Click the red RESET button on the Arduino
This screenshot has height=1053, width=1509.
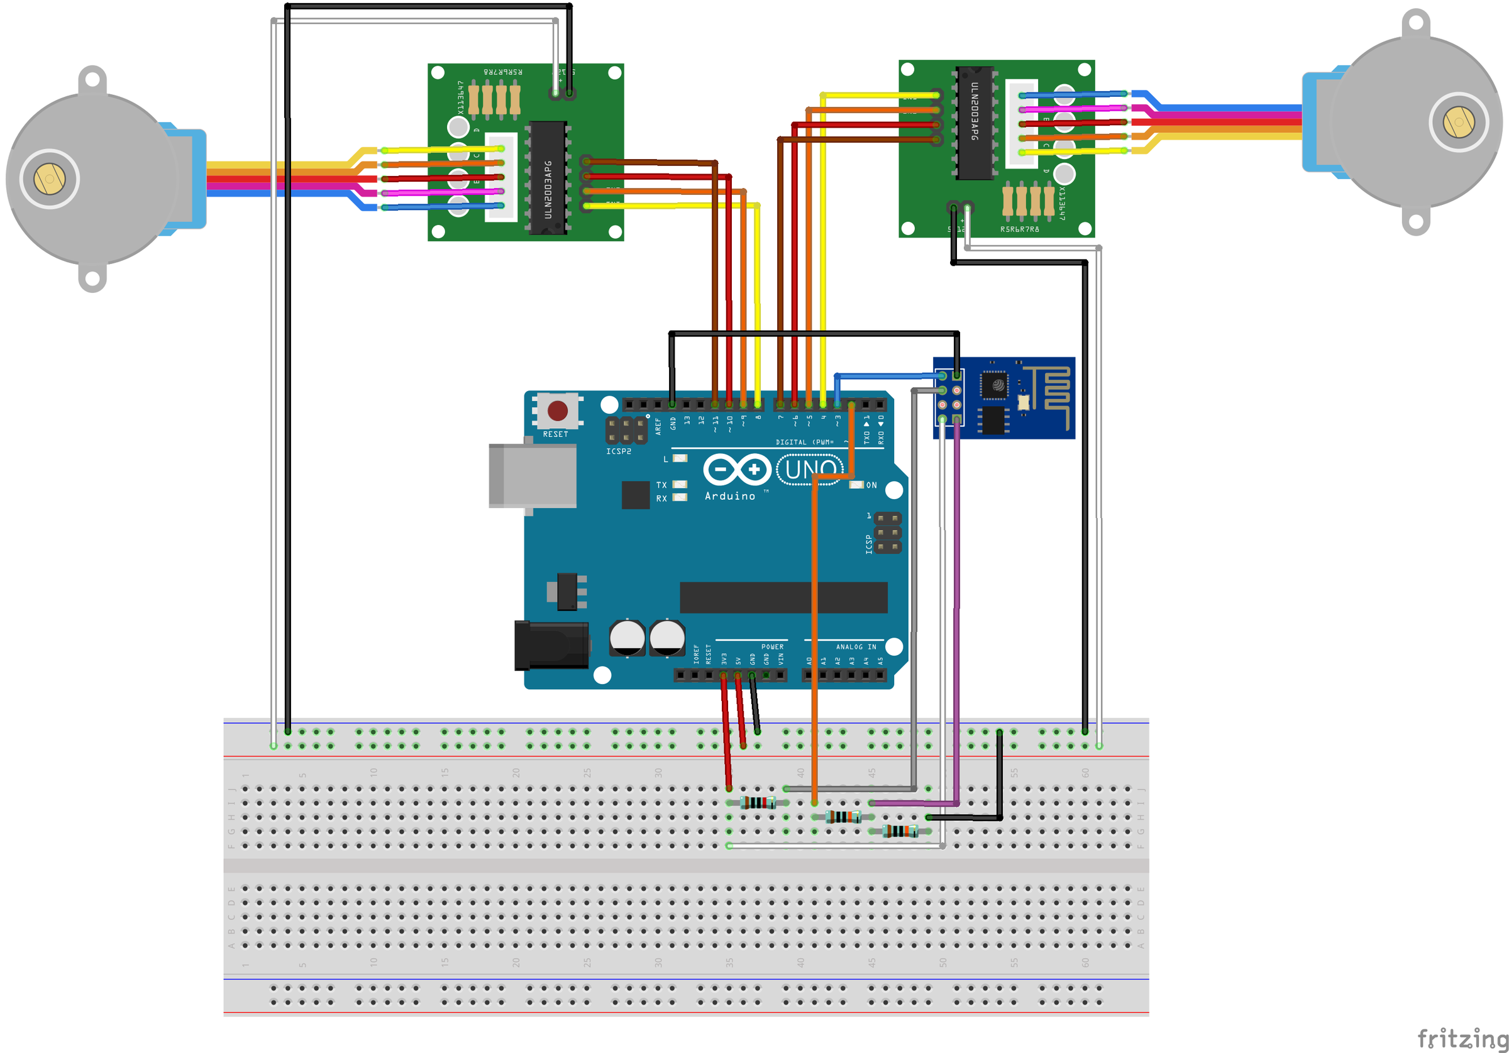[557, 411]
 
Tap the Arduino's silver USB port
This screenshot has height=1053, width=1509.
[533, 475]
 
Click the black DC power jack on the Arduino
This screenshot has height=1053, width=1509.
[551, 646]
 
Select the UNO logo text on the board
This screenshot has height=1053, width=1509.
[810, 470]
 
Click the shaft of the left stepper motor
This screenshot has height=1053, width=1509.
[49, 179]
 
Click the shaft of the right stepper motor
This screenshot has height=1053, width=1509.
[1459, 122]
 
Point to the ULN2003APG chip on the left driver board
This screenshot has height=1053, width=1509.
[548, 177]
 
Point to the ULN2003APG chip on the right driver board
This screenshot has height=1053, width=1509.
[974, 123]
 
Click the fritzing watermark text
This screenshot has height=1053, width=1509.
[1462, 1038]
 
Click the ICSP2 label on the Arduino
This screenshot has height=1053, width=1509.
[619, 451]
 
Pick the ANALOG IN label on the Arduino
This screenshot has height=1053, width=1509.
[856, 647]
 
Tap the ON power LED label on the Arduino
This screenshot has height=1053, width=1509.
[871, 485]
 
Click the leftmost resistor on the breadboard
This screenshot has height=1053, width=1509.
[758, 802]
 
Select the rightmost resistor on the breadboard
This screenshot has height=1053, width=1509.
[900, 831]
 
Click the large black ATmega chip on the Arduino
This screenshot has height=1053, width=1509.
[783, 597]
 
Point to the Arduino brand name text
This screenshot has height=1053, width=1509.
[729, 496]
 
